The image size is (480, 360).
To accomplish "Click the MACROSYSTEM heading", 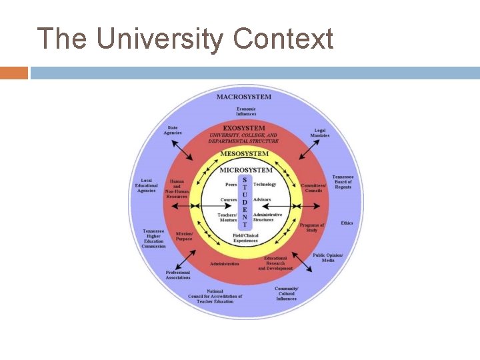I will (x=244, y=97).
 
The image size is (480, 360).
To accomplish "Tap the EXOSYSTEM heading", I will (x=244, y=128).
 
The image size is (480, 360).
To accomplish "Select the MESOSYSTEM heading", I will (x=245, y=154).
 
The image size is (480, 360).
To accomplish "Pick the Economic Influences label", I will (x=245, y=111).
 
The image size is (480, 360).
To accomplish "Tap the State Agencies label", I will (x=173, y=130).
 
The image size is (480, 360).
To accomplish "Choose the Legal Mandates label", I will (x=319, y=133).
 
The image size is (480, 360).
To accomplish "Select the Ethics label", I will (x=347, y=223).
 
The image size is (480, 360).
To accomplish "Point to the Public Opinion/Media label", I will (x=328, y=257).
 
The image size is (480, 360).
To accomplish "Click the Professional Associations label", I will (x=178, y=275).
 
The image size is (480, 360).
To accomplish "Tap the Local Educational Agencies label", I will (x=147, y=185).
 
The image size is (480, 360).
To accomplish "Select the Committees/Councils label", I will (x=313, y=188).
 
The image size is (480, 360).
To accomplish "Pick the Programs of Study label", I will (x=312, y=228).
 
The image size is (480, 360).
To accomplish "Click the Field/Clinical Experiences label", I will (x=245, y=238).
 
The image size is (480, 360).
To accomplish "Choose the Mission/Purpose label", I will (x=184, y=236).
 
